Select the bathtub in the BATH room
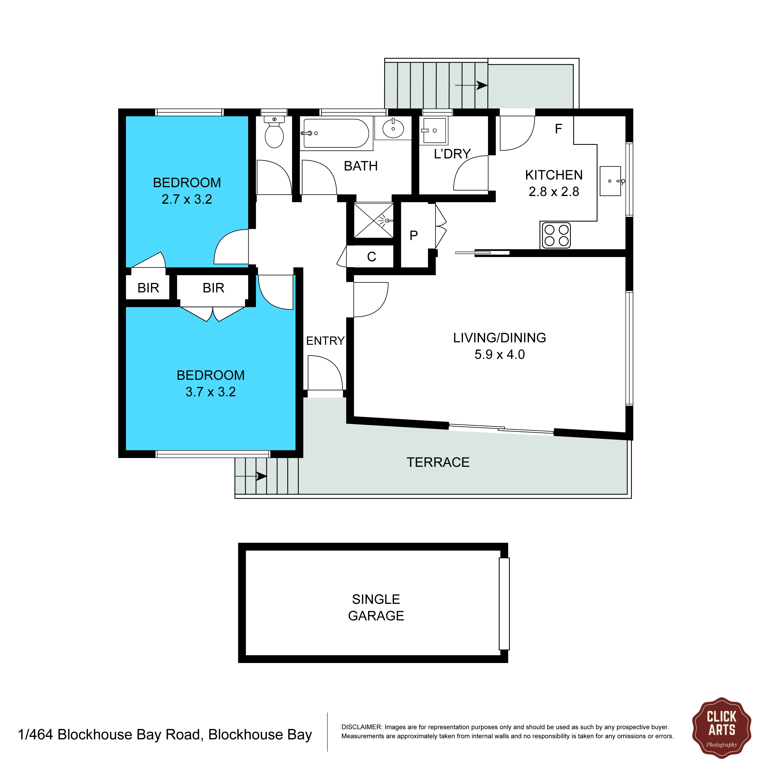pos(336,133)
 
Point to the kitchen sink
pos(611,181)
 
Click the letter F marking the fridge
pos(558,128)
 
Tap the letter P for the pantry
pos(414,235)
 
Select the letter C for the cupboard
pos(371,257)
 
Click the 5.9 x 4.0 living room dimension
pos(499,354)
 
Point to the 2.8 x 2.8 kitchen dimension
pos(554,192)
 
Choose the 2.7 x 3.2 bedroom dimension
pos(187,199)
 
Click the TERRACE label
pos(438,462)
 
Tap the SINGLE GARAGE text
pos(376,607)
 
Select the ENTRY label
pos(325,341)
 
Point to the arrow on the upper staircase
pos(471,85)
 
